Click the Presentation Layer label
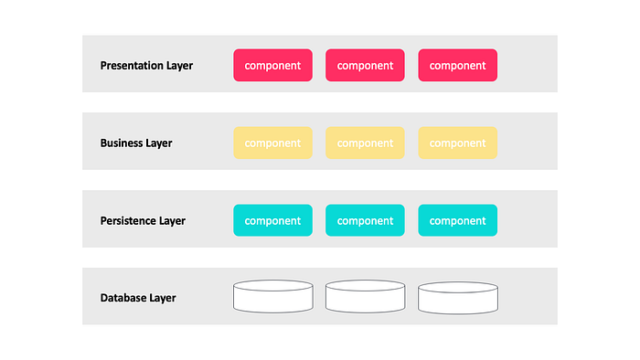[x=146, y=66]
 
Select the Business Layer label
[x=136, y=143]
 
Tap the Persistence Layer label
[x=143, y=220]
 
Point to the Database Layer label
[x=138, y=298]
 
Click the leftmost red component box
[x=273, y=65]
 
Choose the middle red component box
[x=366, y=65]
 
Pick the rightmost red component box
[x=457, y=65]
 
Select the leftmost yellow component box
[x=273, y=143]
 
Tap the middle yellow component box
[x=366, y=143]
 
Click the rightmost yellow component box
[x=457, y=143]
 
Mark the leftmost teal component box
[x=273, y=220]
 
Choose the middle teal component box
[x=366, y=220]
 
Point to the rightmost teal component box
[x=457, y=220]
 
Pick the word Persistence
[x=128, y=220]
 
